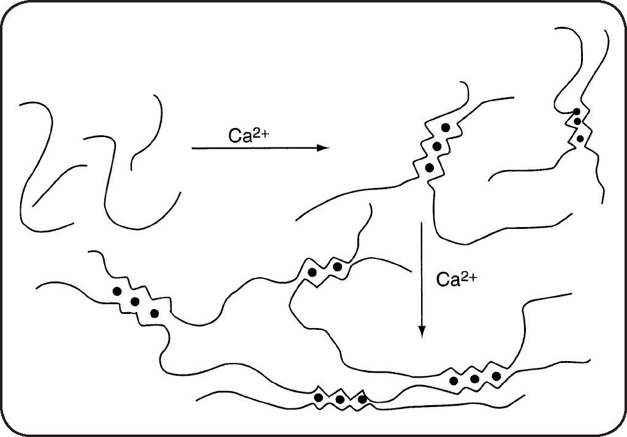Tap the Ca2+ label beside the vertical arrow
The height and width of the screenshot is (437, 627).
coord(456,280)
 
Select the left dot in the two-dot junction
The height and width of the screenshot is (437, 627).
coord(313,272)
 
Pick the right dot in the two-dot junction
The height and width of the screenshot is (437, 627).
coord(337,267)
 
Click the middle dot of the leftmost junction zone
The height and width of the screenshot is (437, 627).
coord(135,301)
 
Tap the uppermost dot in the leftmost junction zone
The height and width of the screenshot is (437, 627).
coord(116,291)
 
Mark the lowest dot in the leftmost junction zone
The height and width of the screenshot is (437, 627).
coord(154,313)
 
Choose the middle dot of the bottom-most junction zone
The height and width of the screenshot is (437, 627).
coord(340,400)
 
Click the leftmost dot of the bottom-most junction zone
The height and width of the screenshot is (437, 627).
coord(318,398)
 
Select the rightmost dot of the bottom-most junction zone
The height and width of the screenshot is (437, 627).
coord(362,400)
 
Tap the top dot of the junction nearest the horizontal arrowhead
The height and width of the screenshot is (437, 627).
coord(447,127)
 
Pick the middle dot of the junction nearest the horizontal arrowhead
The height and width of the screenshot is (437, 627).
coord(437,146)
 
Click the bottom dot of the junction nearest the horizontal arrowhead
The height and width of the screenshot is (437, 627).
coord(429,167)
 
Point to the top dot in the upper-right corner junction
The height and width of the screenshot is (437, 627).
coord(577,111)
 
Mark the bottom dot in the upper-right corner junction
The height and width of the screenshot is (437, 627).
coord(580,138)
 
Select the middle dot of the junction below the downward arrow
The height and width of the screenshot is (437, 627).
coord(475,379)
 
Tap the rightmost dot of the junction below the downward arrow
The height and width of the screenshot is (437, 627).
coord(496,375)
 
